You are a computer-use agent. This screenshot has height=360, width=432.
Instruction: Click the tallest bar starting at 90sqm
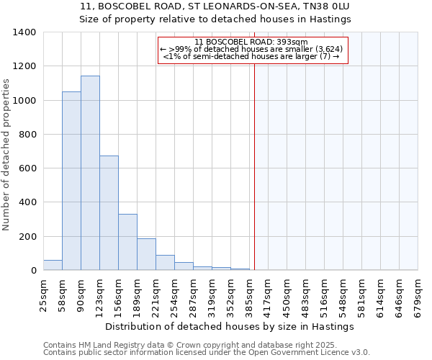90,173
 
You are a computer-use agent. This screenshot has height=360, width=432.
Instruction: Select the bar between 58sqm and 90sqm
71,181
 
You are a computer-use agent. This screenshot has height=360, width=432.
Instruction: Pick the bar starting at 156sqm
127,242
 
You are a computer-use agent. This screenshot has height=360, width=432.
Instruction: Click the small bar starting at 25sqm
53,265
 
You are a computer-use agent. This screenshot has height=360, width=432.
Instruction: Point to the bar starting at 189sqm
146,254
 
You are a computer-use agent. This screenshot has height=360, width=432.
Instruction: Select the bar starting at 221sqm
165,263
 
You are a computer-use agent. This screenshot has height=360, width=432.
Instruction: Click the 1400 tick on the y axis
24,32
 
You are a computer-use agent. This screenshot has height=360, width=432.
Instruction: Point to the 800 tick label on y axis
27,135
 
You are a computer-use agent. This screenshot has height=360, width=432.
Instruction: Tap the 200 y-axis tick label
27,237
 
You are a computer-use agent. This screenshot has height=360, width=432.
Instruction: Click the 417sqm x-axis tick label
268,293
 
